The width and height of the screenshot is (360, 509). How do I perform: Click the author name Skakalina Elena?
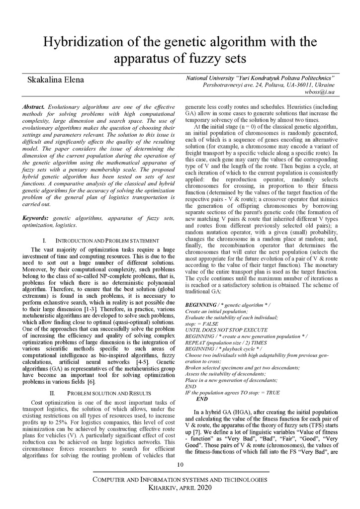click(55, 80)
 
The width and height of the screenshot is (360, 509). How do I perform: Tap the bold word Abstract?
click(34, 107)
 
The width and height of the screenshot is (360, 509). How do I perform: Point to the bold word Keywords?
click(36, 218)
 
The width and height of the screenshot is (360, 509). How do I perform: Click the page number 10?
click(180, 464)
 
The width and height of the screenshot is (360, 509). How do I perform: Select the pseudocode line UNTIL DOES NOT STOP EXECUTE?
click(226, 330)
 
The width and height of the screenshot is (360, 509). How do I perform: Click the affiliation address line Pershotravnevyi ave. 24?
click(269, 85)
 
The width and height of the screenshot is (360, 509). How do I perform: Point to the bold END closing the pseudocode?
click(202, 399)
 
